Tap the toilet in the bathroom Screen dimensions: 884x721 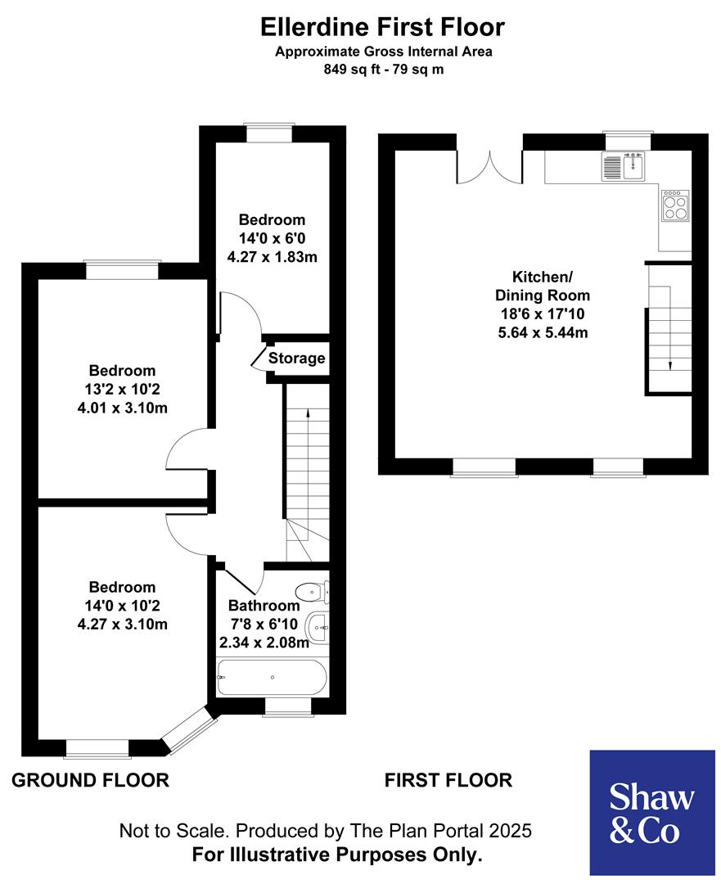click(x=312, y=591)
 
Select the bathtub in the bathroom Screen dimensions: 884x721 click(x=271, y=677)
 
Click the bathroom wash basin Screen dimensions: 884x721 click(x=318, y=629)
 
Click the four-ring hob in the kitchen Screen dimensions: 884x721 click(x=675, y=205)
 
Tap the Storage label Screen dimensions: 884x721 click(x=296, y=359)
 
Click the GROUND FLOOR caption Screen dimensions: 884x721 click(x=90, y=780)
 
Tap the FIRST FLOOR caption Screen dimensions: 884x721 click(x=448, y=780)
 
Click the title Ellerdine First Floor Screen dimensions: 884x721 click(x=382, y=27)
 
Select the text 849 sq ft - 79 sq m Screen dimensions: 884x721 click(x=382, y=70)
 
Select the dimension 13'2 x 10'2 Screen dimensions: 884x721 click(x=122, y=390)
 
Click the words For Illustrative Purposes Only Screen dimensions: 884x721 click(x=336, y=855)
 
